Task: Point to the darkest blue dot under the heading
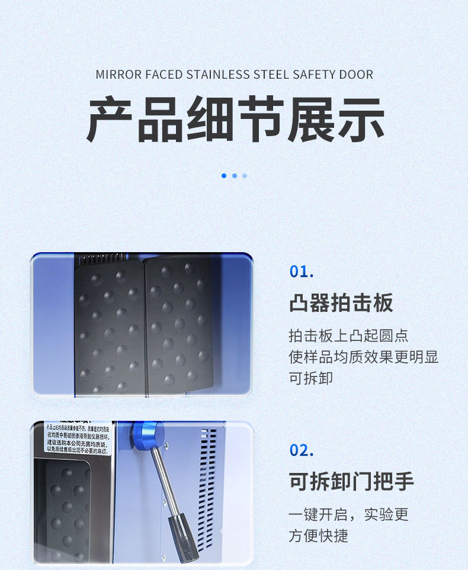click(224, 176)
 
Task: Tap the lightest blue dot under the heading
click(245, 176)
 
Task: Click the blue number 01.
click(302, 272)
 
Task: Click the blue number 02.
click(302, 450)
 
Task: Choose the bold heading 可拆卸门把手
click(351, 481)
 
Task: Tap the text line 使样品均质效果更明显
click(363, 357)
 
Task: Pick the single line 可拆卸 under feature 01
click(311, 378)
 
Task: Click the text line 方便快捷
click(318, 536)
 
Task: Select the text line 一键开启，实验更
click(348, 514)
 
